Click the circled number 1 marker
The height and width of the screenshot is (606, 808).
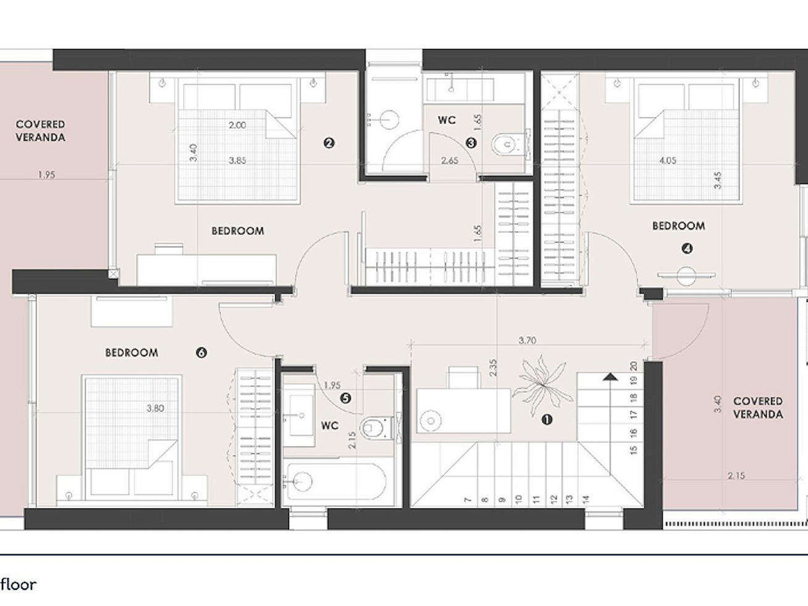click(x=547, y=420)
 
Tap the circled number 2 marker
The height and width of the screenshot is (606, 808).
click(x=329, y=143)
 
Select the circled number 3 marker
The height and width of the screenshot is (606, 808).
click(x=471, y=143)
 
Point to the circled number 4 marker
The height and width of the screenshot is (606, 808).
click(x=687, y=249)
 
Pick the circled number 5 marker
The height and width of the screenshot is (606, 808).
click(x=345, y=398)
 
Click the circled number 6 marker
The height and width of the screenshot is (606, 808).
click(x=201, y=353)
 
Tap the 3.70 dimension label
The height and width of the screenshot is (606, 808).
click(x=527, y=341)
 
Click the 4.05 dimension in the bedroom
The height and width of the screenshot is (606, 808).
click(x=667, y=161)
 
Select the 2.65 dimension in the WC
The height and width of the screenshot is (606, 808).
click(x=450, y=161)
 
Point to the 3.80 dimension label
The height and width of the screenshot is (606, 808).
click(x=155, y=408)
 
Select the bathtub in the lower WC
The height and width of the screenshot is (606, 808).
click(x=337, y=481)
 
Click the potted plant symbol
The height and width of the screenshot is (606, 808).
click(x=542, y=386)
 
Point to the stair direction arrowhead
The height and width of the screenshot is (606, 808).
click(x=610, y=376)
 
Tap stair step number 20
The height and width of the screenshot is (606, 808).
click(x=634, y=366)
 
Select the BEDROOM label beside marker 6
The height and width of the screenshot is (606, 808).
click(x=132, y=353)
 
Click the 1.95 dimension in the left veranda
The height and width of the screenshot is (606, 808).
click(x=47, y=174)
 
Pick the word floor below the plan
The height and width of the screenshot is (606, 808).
click(x=19, y=584)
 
